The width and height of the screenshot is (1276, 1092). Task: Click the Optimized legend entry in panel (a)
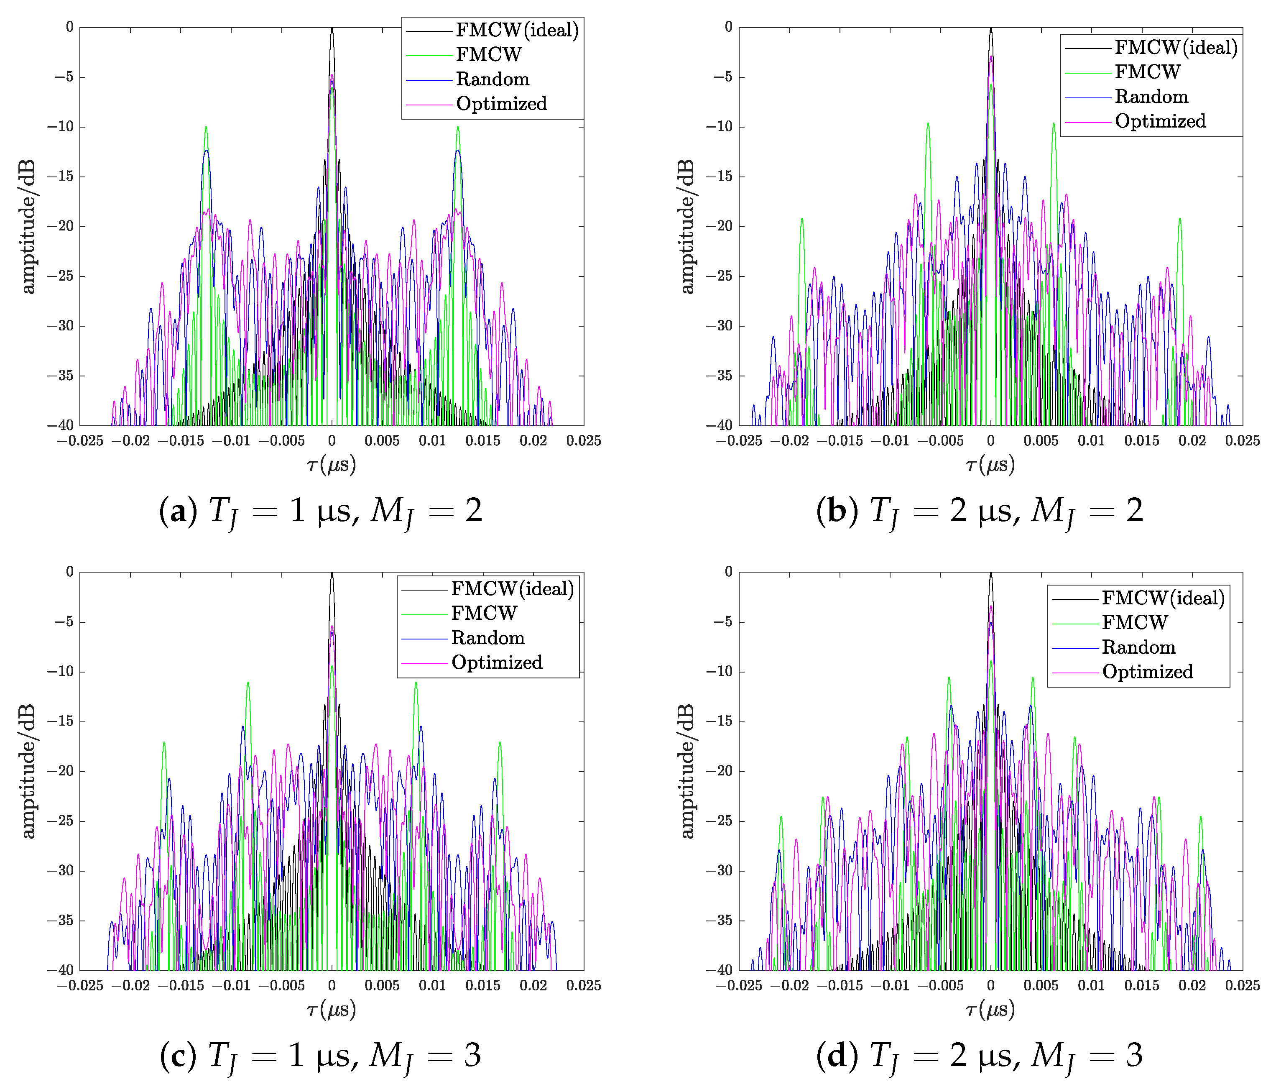tap(501, 103)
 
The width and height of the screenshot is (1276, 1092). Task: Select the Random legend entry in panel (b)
tap(1151, 97)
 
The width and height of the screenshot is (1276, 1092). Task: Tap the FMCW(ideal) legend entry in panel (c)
tap(512, 589)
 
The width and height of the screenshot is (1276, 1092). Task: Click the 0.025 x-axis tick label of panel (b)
tap(1242, 440)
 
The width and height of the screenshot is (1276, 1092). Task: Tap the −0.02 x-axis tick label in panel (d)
tap(789, 985)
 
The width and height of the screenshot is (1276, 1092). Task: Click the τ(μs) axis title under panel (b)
tap(990, 464)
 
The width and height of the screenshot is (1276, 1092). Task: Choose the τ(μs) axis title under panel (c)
tap(331, 1009)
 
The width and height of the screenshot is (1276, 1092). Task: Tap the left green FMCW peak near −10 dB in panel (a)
tap(206, 128)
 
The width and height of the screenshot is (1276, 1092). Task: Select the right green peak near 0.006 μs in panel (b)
tap(1054, 124)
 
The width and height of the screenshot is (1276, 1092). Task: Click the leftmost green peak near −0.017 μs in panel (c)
tap(164, 743)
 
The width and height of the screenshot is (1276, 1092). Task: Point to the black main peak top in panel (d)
tap(990, 575)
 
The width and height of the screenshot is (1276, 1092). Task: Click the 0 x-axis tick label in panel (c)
tap(331, 985)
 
